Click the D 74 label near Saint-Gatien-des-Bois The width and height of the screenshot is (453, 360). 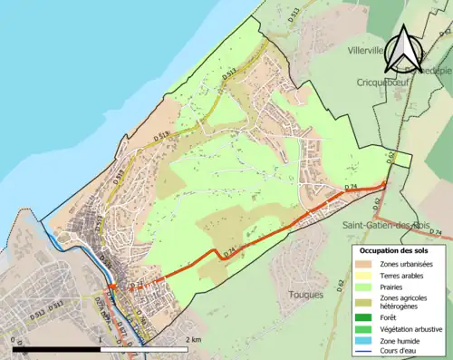352,186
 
